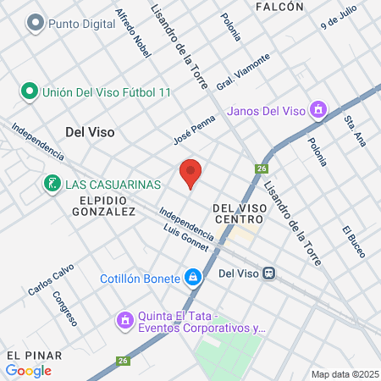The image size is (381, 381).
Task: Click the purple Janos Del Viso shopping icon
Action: click(317, 109)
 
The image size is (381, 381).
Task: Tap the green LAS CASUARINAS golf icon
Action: click(52, 184)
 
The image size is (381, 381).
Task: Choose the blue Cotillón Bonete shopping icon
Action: click(193, 277)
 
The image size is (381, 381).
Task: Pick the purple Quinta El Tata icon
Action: click(125, 320)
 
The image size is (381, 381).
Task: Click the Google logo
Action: click(28, 370)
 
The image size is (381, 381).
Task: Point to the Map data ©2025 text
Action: click(344, 373)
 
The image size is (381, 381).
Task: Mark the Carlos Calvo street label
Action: click(51, 279)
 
